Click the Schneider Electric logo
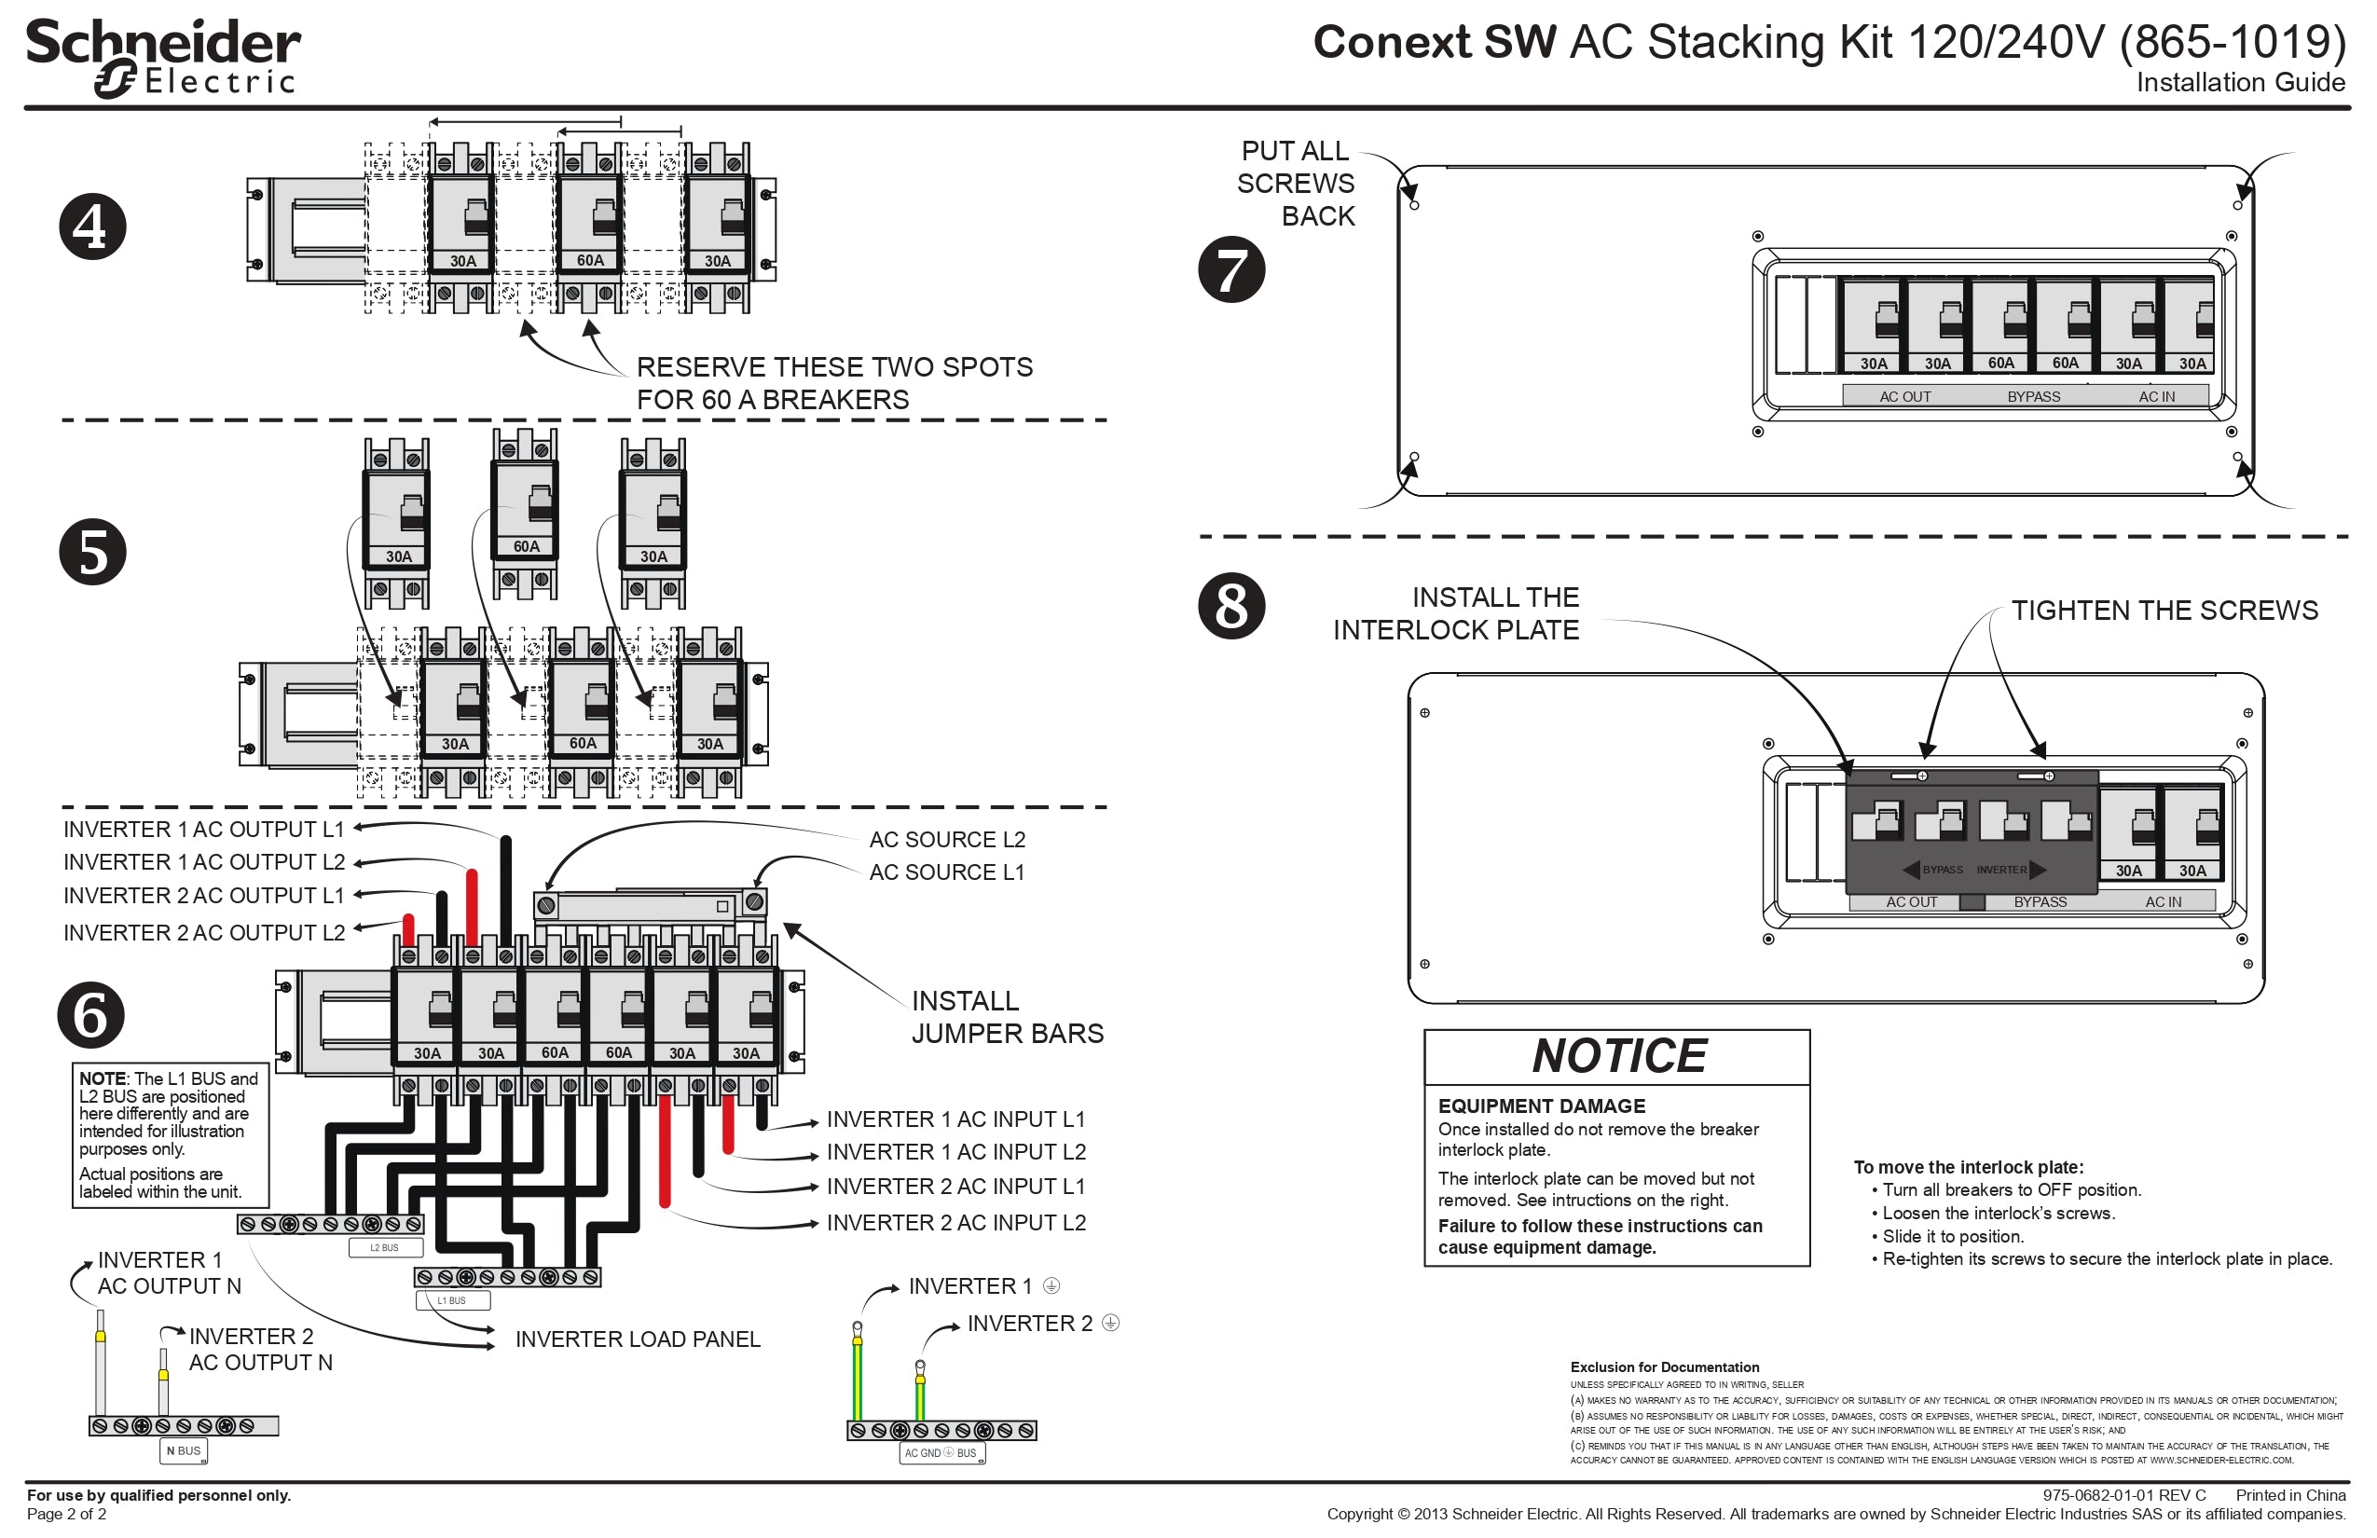[x=163, y=58]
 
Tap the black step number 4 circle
[x=92, y=227]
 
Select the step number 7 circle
[x=1230, y=269]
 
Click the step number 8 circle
[x=1230, y=606]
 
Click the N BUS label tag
[x=183, y=1450]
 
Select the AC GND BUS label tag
[x=940, y=1453]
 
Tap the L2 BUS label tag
[x=384, y=1247]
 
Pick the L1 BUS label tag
[x=451, y=1300]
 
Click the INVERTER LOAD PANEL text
[x=638, y=1339]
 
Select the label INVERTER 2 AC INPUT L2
[x=955, y=1222]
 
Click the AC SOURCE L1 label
[x=946, y=872]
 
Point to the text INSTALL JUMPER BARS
[x=1006, y=1017]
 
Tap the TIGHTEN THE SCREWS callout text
[x=2164, y=611]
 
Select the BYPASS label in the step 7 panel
[x=2033, y=396]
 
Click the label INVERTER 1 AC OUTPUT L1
[x=204, y=829]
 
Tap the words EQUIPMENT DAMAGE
[x=1541, y=1105]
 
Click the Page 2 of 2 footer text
[x=66, y=1514]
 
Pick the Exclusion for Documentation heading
[x=1664, y=1367]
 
